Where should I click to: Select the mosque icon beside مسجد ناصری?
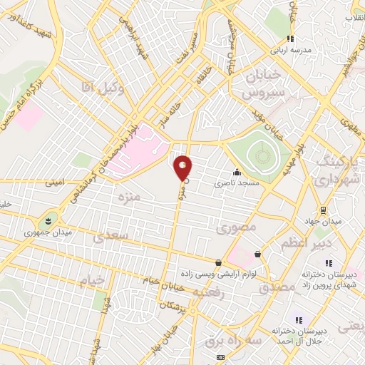coord(237,172)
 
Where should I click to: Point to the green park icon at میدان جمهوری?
coord(48,219)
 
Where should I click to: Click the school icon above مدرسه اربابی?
coord(289,38)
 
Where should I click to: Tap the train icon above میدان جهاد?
coord(324,210)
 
